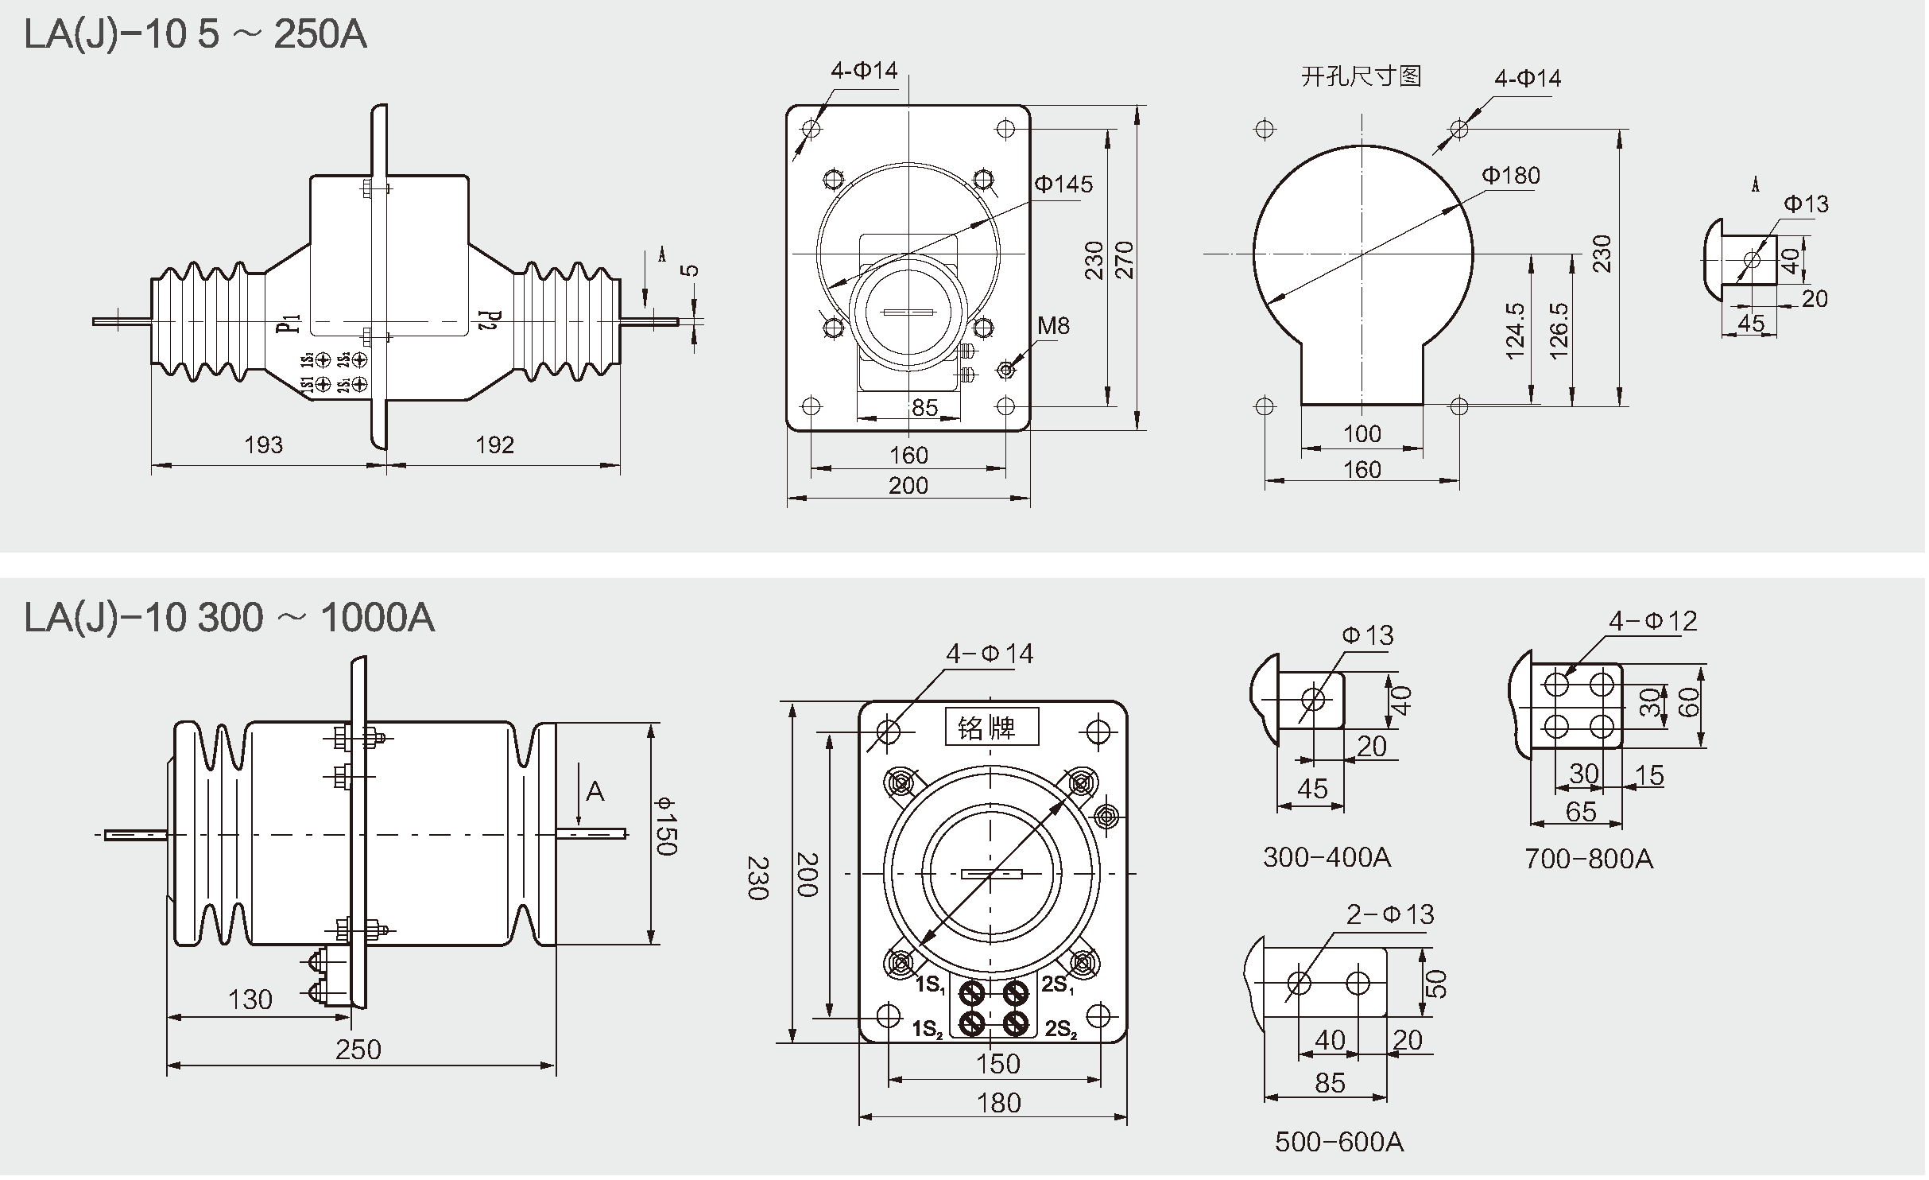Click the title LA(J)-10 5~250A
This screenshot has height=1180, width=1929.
click(x=196, y=35)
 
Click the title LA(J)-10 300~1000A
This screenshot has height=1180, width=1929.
click(x=229, y=618)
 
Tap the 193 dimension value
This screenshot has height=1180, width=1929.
click(x=263, y=444)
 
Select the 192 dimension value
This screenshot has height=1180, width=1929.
click(x=494, y=444)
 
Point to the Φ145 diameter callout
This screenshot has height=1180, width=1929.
click(x=1063, y=184)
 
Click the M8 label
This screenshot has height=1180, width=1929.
click(x=1053, y=325)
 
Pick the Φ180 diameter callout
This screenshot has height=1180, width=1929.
click(x=1511, y=176)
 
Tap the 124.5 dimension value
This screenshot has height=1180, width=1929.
click(x=1516, y=331)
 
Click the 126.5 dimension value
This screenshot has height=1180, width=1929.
click(x=1559, y=331)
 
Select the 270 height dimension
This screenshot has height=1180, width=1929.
click(x=1125, y=260)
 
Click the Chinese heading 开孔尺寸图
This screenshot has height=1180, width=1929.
click(x=1361, y=77)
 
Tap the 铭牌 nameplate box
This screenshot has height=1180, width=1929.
click(x=991, y=727)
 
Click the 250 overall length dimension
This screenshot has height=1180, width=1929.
click(x=358, y=1050)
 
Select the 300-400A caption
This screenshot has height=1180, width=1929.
click(x=1327, y=857)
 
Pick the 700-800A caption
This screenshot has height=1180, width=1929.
click(x=1588, y=859)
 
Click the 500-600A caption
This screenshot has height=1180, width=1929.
click(x=1339, y=1143)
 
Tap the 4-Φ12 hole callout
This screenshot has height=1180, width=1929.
click(x=1653, y=621)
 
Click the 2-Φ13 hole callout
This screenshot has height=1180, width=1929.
click(x=1390, y=915)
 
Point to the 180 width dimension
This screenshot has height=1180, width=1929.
click(x=998, y=1103)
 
